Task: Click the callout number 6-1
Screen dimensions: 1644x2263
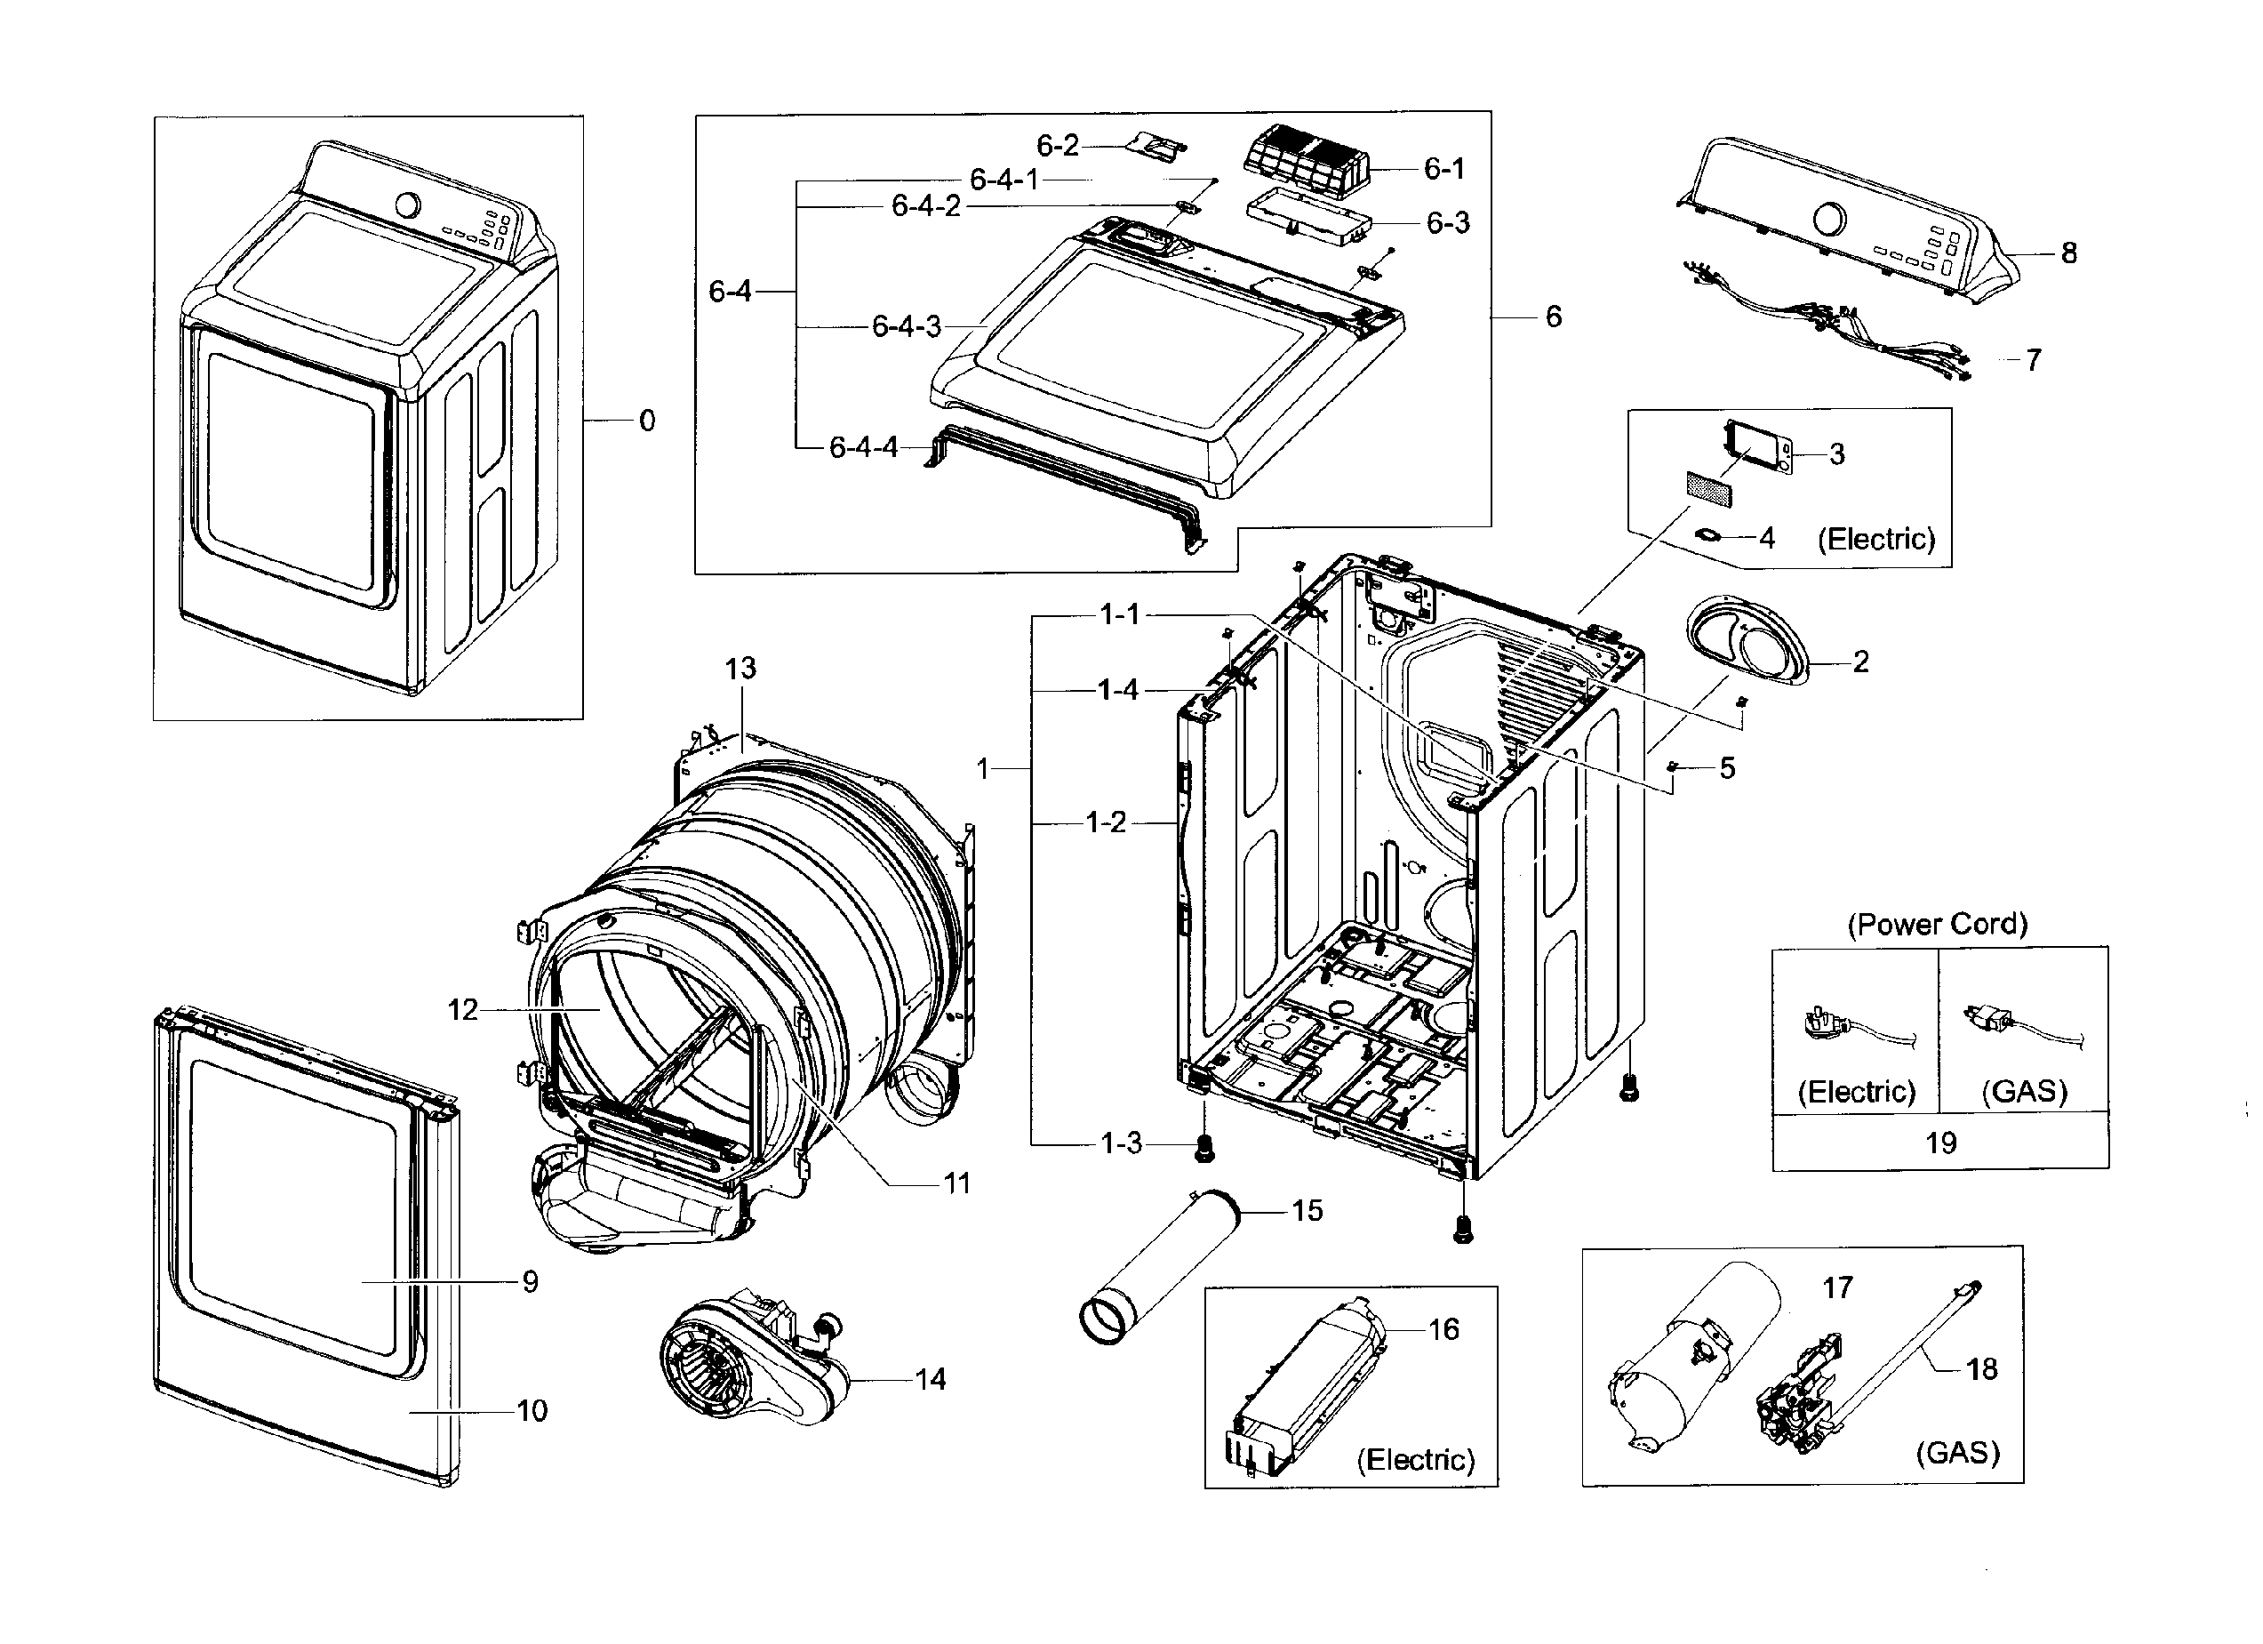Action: pos(1443,170)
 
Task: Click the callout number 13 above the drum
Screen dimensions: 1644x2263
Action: pos(740,669)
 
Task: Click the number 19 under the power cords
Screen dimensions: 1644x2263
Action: pos(1940,1142)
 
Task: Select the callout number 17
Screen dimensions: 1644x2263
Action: pos(1837,1287)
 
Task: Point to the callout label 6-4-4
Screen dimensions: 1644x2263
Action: pos(863,448)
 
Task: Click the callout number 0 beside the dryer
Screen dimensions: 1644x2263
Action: pos(646,421)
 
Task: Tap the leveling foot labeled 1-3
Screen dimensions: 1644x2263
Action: pos(1204,1151)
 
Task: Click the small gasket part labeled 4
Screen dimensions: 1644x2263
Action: pos(1709,537)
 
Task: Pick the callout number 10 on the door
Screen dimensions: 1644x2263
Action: pos(532,1411)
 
